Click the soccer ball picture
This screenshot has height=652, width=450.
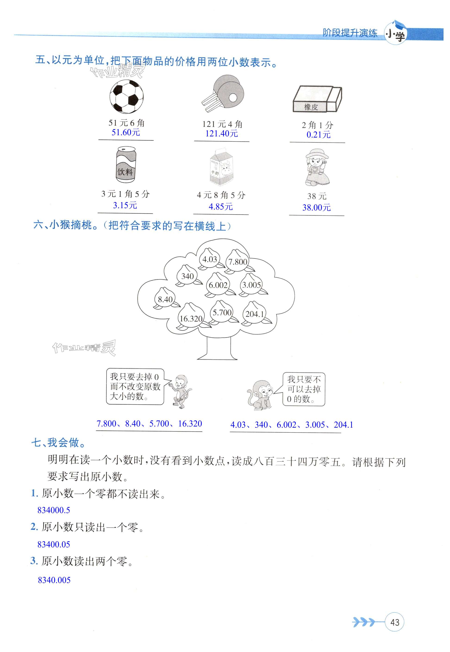(x=126, y=97)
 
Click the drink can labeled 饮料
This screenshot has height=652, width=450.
(x=126, y=164)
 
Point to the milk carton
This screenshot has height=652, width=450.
(x=222, y=167)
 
